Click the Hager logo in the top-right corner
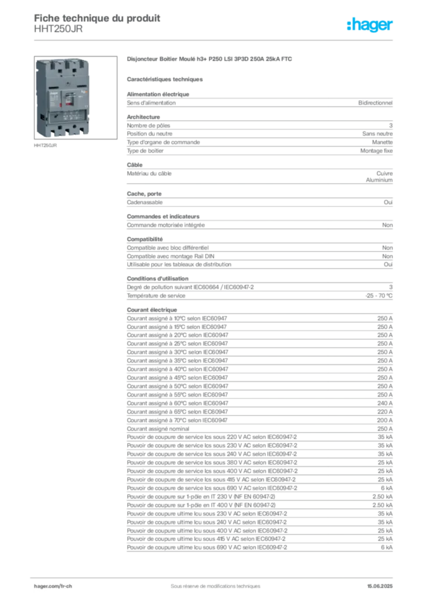pyautogui.click(x=371, y=25)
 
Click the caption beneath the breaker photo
pyautogui.click(x=46, y=146)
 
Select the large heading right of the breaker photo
pyautogui.click(x=209, y=58)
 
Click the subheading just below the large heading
pyautogui.click(x=166, y=79)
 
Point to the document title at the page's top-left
pyautogui.click(x=97, y=16)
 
